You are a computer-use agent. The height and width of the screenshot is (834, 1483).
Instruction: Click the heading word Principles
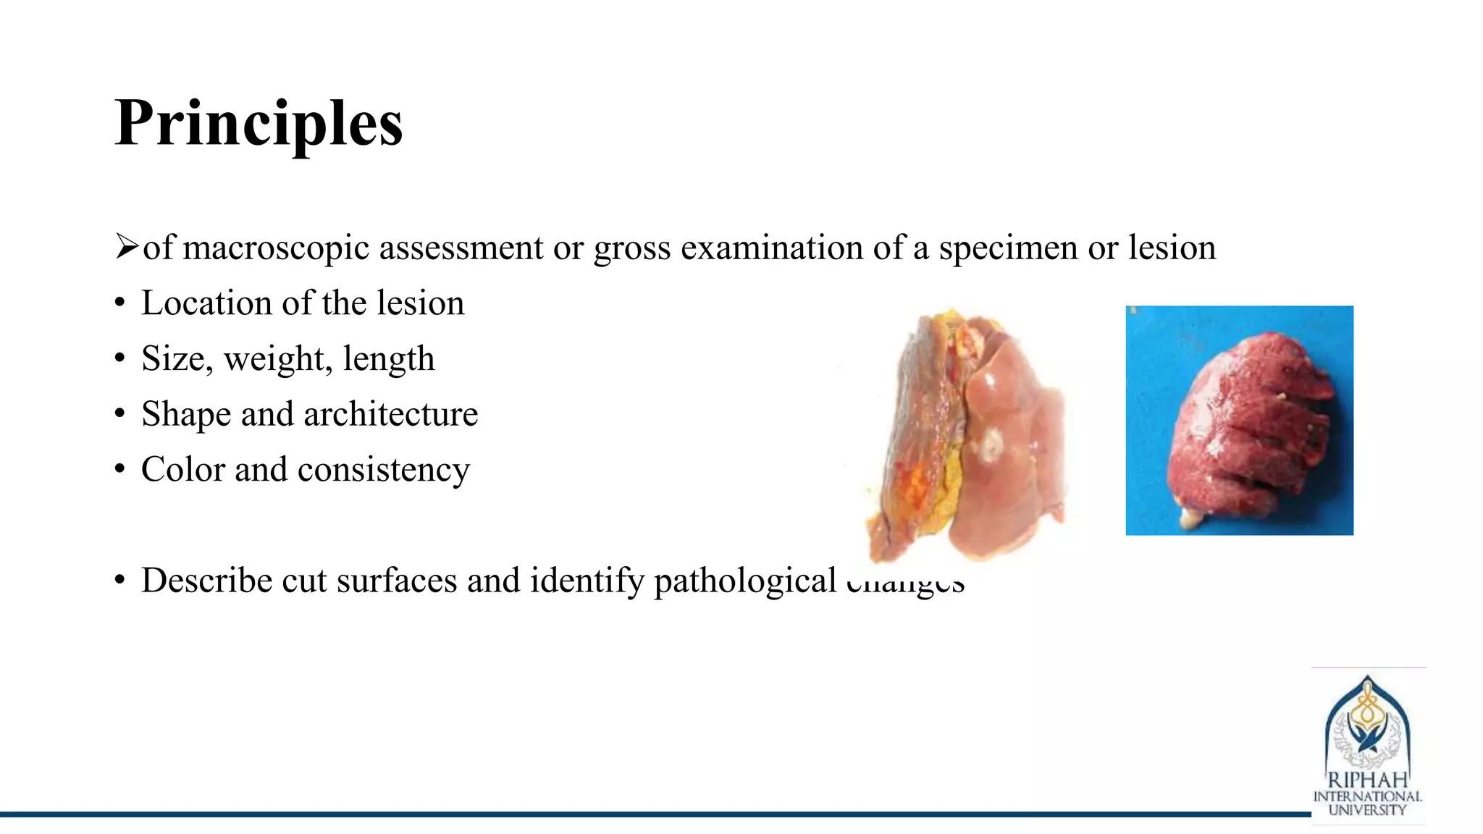tap(259, 123)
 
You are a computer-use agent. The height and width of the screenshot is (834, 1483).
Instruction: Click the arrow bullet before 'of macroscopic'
tap(126, 247)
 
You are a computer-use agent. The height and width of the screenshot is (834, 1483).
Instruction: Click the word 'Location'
tap(206, 303)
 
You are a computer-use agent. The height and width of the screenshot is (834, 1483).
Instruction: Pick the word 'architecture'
tap(390, 414)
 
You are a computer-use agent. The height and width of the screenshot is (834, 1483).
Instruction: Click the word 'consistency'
tap(384, 470)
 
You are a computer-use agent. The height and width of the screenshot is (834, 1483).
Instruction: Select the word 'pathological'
tap(745, 581)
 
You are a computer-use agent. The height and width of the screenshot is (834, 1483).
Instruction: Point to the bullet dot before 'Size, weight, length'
tap(120, 359)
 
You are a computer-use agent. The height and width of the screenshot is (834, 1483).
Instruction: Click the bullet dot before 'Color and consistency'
tap(120, 470)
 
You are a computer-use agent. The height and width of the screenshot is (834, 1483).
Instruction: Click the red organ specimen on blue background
tap(1249, 427)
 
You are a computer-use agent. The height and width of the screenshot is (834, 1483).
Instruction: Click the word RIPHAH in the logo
tap(1367, 780)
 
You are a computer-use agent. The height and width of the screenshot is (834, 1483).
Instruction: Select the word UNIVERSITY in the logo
tap(1367, 810)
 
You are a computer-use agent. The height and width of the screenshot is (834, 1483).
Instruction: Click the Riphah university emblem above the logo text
tap(1367, 724)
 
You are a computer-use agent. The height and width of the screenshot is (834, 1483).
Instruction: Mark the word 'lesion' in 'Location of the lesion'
tap(421, 303)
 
